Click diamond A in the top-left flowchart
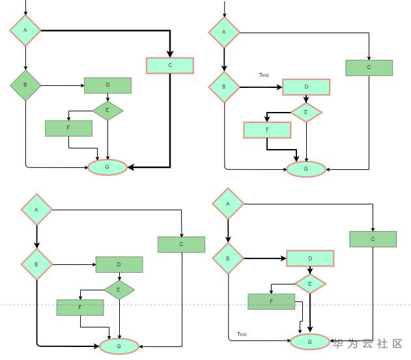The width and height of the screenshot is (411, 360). (25, 30)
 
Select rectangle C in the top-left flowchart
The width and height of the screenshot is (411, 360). (170, 65)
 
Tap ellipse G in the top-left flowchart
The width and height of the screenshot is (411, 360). (107, 167)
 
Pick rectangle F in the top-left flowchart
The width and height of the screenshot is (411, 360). (68, 128)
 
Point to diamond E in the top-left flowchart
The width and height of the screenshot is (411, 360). (107, 110)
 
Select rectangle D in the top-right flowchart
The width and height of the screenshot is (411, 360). (306, 87)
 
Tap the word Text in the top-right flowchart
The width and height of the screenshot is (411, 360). (264, 75)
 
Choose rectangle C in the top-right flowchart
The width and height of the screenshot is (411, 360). (369, 68)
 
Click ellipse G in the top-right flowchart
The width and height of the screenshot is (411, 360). (306, 169)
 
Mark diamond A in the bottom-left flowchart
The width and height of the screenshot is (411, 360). (36, 210)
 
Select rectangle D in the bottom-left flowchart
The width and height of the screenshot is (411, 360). (119, 264)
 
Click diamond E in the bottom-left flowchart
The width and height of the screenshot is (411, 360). (119, 290)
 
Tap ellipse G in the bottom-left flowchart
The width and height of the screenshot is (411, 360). (119, 346)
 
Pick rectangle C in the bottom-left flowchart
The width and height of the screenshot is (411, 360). (181, 244)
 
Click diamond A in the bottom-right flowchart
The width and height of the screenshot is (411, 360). (228, 204)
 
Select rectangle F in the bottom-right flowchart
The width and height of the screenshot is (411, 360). (272, 301)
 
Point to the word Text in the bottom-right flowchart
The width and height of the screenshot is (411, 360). (242, 334)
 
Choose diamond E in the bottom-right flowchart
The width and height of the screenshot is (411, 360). (310, 284)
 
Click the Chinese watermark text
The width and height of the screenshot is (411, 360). (369, 344)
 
